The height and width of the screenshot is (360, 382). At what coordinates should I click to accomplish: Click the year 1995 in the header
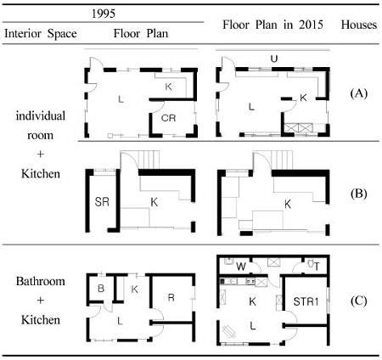coord(104,14)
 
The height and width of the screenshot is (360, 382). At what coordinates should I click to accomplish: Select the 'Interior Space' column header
coord(41,34)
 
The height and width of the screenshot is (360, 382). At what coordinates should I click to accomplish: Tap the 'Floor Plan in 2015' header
coord(272,25)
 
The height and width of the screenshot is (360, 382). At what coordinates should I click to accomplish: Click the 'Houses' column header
coord(359,25)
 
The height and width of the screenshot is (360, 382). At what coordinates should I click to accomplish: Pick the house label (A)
coord(358,93)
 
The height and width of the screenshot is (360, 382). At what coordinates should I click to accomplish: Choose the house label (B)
coord(358,194)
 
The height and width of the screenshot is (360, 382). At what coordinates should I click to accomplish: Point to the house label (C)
coord(358,301)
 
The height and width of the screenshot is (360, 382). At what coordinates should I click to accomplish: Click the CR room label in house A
coord(168,118)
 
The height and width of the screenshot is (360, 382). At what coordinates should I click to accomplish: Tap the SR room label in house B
coord(102,202)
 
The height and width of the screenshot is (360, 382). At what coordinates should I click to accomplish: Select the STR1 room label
coord(306,301)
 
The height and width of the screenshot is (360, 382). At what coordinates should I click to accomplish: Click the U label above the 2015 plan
coord(274,59)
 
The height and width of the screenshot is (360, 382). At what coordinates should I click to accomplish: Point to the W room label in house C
coord(241,267)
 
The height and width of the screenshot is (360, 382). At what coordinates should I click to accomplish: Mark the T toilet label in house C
coord(317,267)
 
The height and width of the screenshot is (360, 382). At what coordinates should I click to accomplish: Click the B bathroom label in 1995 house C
coord(101,289)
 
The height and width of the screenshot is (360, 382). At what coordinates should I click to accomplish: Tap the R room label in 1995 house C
coord(171,297)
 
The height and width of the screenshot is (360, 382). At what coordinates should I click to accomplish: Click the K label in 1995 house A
coord(168,87)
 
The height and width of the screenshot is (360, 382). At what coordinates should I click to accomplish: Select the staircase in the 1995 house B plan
coord(149,160)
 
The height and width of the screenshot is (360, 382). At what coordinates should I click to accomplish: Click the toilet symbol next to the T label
coord(311,264)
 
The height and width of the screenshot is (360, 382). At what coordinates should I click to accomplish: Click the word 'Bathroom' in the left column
coord(41,281)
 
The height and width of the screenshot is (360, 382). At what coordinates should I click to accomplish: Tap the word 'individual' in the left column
coord(41,116)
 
